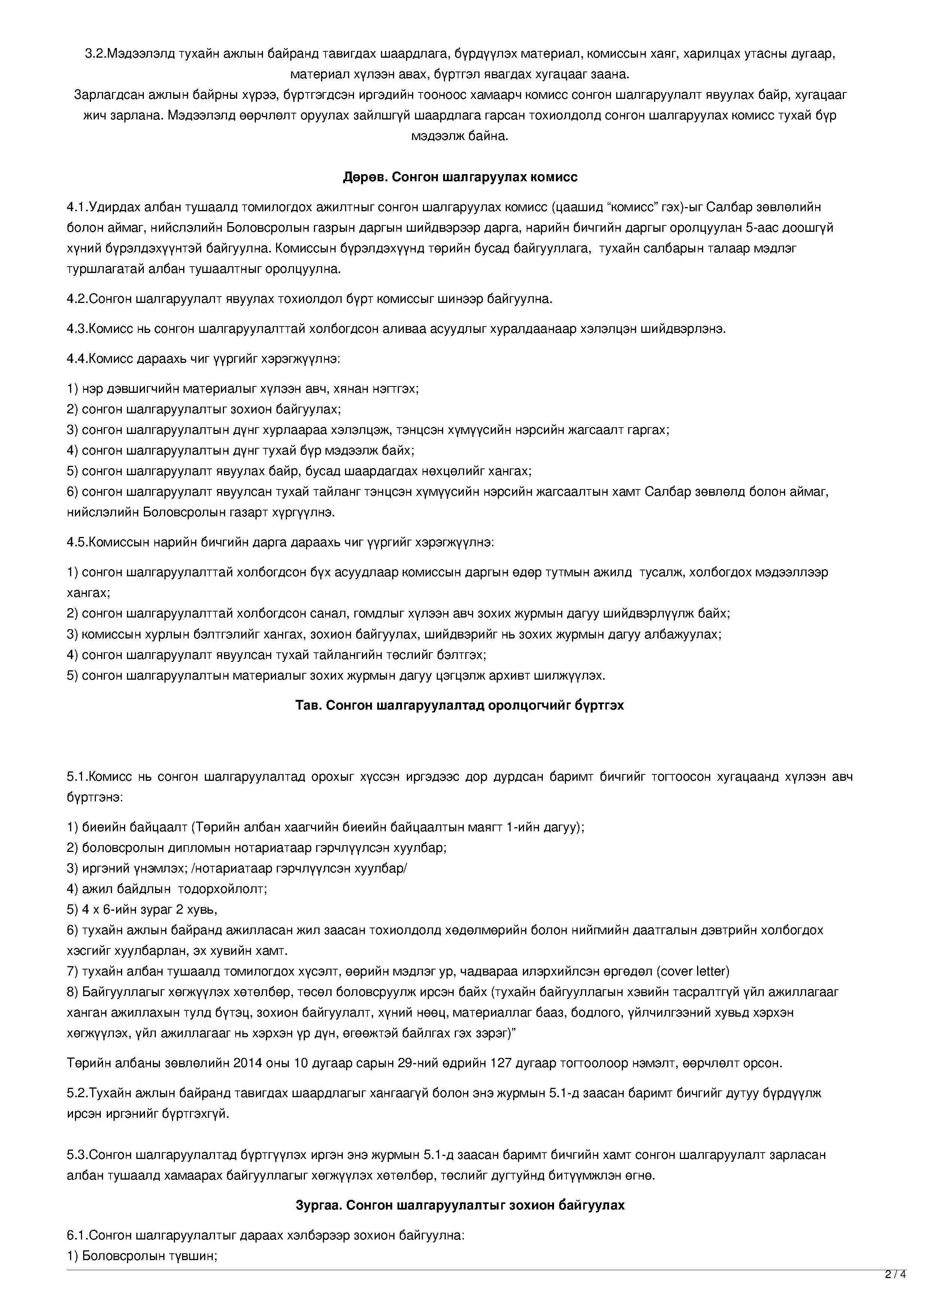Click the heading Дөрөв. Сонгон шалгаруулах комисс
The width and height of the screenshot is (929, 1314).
tap(460, 177)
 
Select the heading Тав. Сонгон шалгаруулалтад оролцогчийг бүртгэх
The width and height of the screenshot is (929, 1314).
tap(460, 705)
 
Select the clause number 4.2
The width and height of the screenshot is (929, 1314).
tap(77, 299)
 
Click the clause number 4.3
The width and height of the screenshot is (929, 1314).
tap(77, 329)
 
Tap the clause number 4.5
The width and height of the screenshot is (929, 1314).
tap(77, 542)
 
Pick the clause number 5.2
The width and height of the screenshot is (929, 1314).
tap(77, 1093)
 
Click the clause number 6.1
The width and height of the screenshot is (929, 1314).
tap(77, 1235)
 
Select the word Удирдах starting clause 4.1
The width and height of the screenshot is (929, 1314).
tap(115, 207)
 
